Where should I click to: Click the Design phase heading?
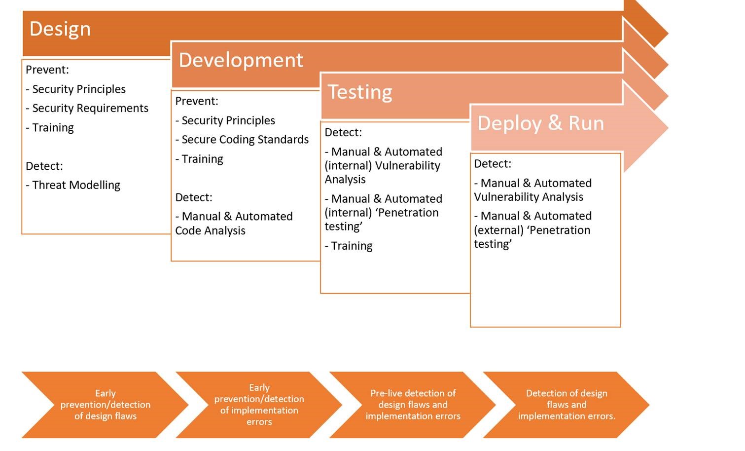[x=60, y=29]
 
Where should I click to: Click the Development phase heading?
[x=241, y=60]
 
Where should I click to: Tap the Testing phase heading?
[x=360, y=92]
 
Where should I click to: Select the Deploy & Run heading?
[x=541, y=123]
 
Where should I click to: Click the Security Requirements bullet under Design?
[x=87, y=108]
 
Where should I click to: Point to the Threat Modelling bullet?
[x=73, y=185]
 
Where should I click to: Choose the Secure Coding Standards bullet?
[x=242, y=140]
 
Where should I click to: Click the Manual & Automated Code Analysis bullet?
[x=234, y=224]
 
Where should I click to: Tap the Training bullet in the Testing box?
[x=349, y=246]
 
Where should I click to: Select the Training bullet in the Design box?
[x=50, y=127]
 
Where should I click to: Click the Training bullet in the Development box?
[x=199, y=159]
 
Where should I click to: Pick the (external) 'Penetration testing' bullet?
[x=533, y=230]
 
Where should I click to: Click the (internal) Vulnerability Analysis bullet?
[x=384, y=165]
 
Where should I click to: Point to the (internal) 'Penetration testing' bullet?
[x=384, y=212]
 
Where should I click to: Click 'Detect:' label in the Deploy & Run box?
[x=493, y=164]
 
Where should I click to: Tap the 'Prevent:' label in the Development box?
[x=197, y=101]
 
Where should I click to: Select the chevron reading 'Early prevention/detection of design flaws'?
[x=105, y=405]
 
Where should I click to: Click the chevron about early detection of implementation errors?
[x=259, y=405]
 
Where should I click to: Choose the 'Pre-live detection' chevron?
[x=413, y=405]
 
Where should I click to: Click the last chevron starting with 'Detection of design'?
[x=567, y=405]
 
